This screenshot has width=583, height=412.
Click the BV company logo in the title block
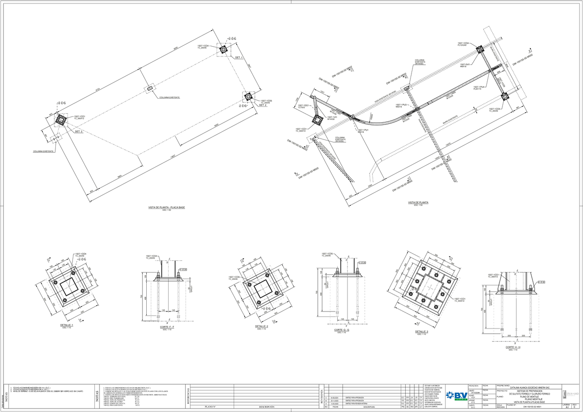pyautogui.click(x=456, y=395)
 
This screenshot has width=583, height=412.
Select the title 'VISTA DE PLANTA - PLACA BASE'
pyautogui.click(x=167, y=207)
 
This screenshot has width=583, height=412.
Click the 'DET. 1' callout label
pyautogui.click(x=239, y=57)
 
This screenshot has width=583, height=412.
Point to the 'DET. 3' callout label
pyautogui.click(x=79, y=131)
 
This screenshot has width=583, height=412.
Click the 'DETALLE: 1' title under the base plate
pyautogui.click(x=67, y=325)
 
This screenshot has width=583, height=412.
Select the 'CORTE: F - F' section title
pyautogui.click(x=167, y=327)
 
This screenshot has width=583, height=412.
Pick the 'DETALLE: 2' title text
pyautogui.click(x=262, y=326)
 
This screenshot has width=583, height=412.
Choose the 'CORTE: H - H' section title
pyautogui.click(x=513, y=347)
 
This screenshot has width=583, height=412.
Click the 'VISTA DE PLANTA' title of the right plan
pyautogui.click(x=418, y=202)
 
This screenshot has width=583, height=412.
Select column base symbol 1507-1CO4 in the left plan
pyautogui.click(x=223, y=49)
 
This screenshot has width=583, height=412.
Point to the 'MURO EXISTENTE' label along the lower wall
pyautogui.click(x=449, y=118)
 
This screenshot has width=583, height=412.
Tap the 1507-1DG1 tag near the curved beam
pyautogui.click(x=303, y=105)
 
